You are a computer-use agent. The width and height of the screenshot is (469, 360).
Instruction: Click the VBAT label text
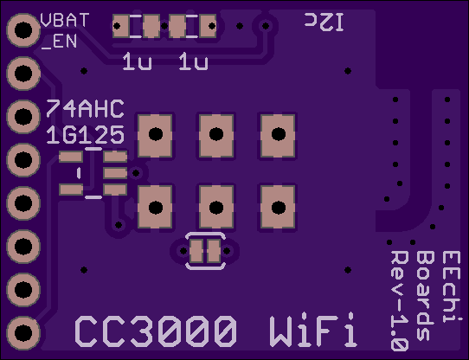(65, 20)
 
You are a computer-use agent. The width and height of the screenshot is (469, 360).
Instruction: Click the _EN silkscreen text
(59, 42)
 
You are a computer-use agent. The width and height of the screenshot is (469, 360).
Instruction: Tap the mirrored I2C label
(324, 22)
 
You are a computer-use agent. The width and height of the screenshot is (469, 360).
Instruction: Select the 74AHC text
(86, 108)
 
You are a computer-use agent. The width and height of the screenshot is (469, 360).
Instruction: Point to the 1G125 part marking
(86, 135)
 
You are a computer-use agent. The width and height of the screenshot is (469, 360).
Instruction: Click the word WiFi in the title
(313, 330)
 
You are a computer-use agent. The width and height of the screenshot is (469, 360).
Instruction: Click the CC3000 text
(156, 331)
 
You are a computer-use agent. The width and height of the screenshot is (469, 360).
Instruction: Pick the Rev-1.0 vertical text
(399, 301)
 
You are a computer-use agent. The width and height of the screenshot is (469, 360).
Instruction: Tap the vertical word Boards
(426, 296)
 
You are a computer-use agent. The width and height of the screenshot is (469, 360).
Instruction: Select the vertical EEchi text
(452, 286)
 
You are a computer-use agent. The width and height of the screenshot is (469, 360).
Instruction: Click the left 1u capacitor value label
(137, 61)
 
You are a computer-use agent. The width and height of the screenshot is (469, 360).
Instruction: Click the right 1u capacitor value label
(193, 61)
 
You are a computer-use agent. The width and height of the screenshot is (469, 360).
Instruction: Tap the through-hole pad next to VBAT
(23, 30)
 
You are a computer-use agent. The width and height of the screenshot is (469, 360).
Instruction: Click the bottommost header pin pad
(23, 333)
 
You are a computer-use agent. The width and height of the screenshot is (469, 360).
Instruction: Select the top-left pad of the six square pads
(155, 136)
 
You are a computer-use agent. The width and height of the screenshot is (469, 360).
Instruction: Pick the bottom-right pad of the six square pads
(278, 207)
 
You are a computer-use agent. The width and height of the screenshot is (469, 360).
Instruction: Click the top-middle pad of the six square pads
(216, 136)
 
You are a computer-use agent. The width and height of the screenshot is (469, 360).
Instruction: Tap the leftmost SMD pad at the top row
(121, 26)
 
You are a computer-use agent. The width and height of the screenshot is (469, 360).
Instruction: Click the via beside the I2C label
(266, 26)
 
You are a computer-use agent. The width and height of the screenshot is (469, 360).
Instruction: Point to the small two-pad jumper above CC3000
(205, 251)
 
